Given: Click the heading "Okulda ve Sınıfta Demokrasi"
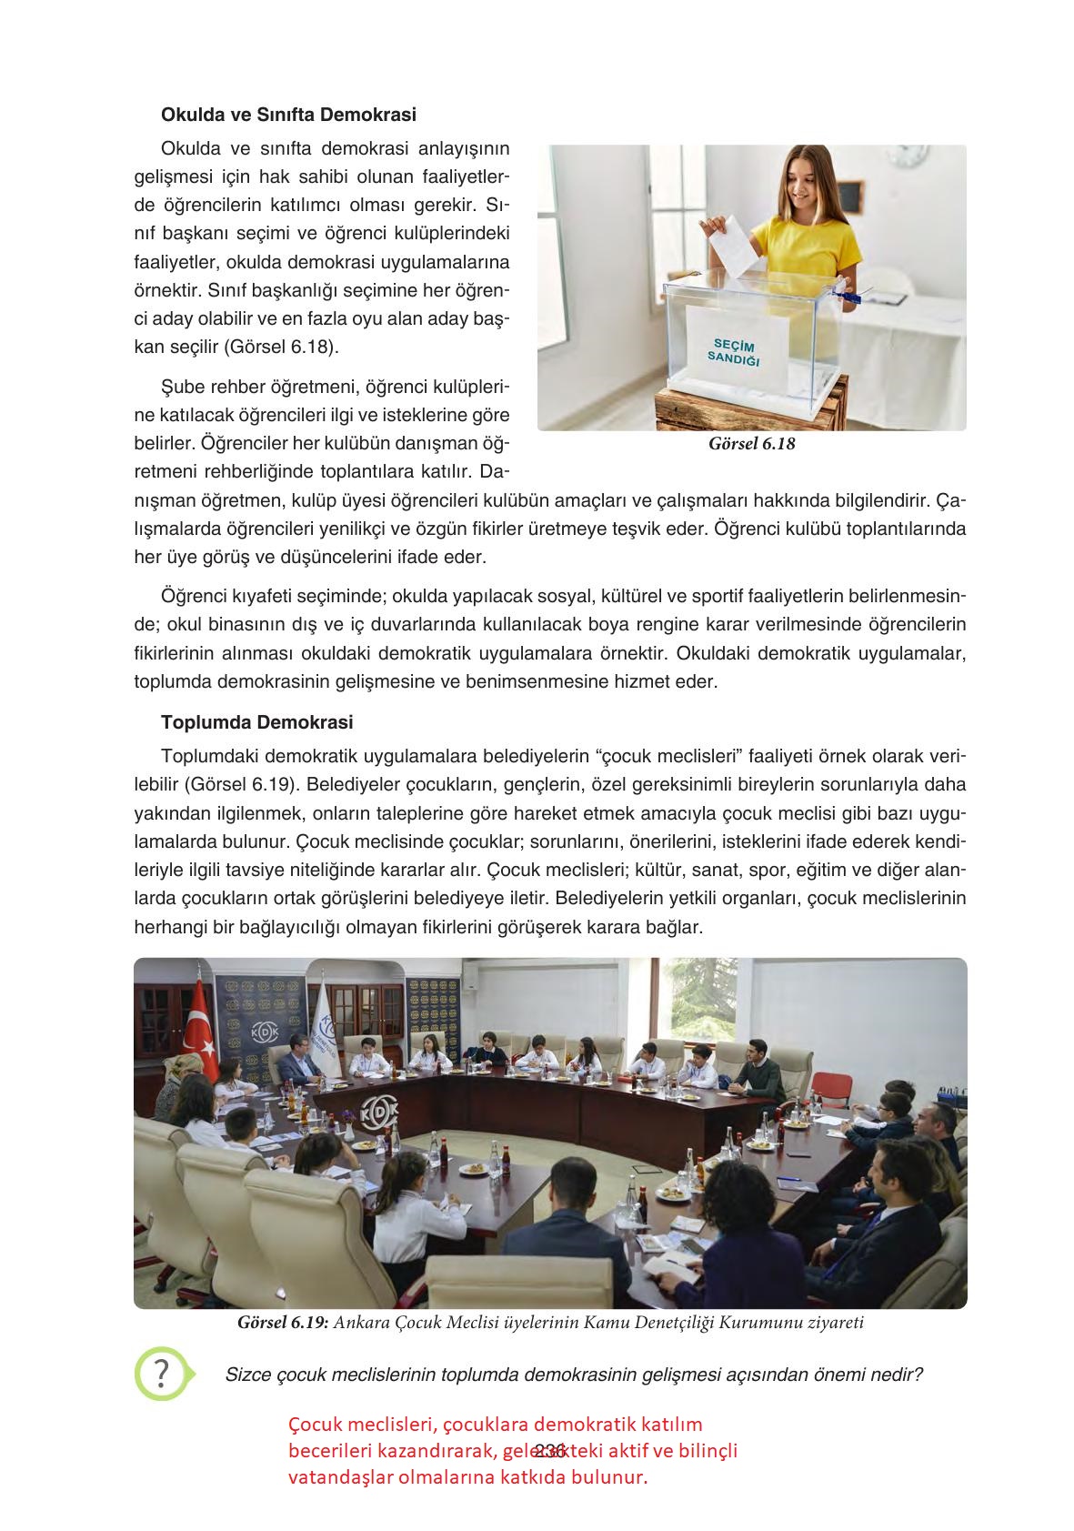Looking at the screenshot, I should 288,116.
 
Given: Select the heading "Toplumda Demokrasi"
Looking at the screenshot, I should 256,723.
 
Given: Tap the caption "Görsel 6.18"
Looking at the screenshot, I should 751,445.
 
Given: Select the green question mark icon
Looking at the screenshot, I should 162,1373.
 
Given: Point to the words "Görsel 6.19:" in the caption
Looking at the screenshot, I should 282,1323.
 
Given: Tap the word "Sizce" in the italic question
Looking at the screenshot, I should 248,1374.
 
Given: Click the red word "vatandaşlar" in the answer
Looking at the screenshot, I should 337,1477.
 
